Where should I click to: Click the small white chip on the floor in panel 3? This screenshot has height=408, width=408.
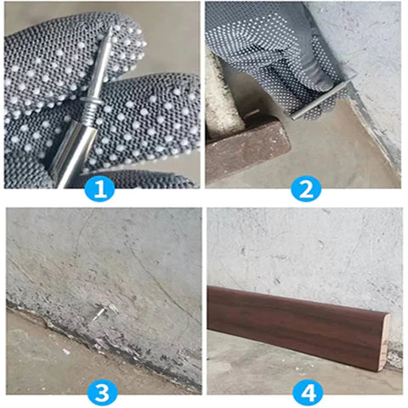pyautogui.click(x=65, y=349)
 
